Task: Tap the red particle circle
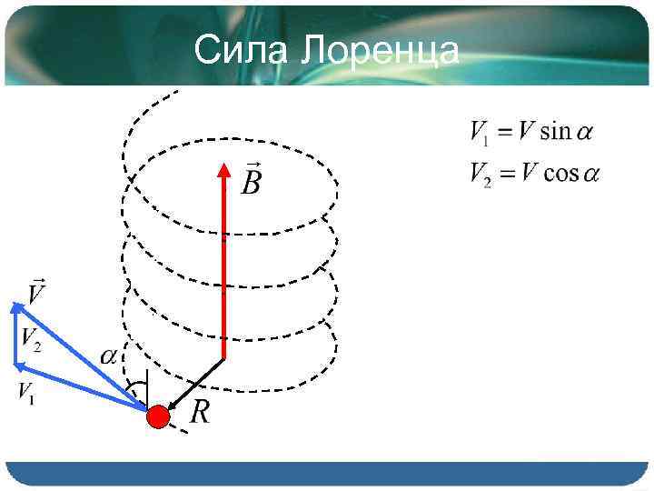point(159,416)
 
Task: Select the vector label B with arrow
point(251,181)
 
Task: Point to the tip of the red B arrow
point(223,165)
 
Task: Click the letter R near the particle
point(200,414)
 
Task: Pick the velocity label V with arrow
point(37,293)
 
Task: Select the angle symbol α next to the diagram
point(108,357)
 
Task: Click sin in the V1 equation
point(555,132)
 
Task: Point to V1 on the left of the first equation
point(480,133)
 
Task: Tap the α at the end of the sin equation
point(585,133)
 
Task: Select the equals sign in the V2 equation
point(506,174)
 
